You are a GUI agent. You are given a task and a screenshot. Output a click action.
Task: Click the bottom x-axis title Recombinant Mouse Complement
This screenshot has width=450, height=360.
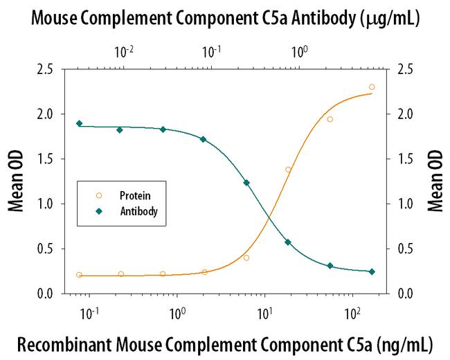click(225, 344)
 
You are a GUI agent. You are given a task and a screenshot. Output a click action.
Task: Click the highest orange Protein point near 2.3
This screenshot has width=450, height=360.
click(372, 87)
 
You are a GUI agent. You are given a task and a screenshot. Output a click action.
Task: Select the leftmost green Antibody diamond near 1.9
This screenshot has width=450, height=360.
click(79, 123)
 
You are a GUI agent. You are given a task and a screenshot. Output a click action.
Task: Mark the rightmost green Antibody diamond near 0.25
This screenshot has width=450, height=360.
click(372, 271)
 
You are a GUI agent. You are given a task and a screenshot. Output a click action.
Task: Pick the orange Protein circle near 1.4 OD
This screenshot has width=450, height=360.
click(288, 170)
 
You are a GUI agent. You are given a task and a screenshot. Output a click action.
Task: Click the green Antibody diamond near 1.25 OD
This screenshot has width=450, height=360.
click(246, 183)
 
